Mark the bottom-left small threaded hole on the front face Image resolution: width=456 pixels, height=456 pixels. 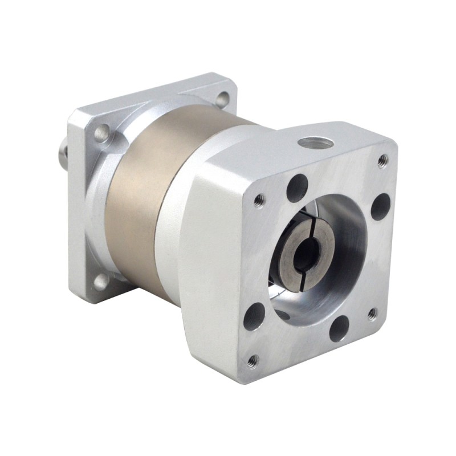(253, 360)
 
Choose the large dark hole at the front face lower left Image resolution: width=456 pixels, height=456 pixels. (254, 316)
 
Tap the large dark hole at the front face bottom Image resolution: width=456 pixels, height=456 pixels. (339, 329)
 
